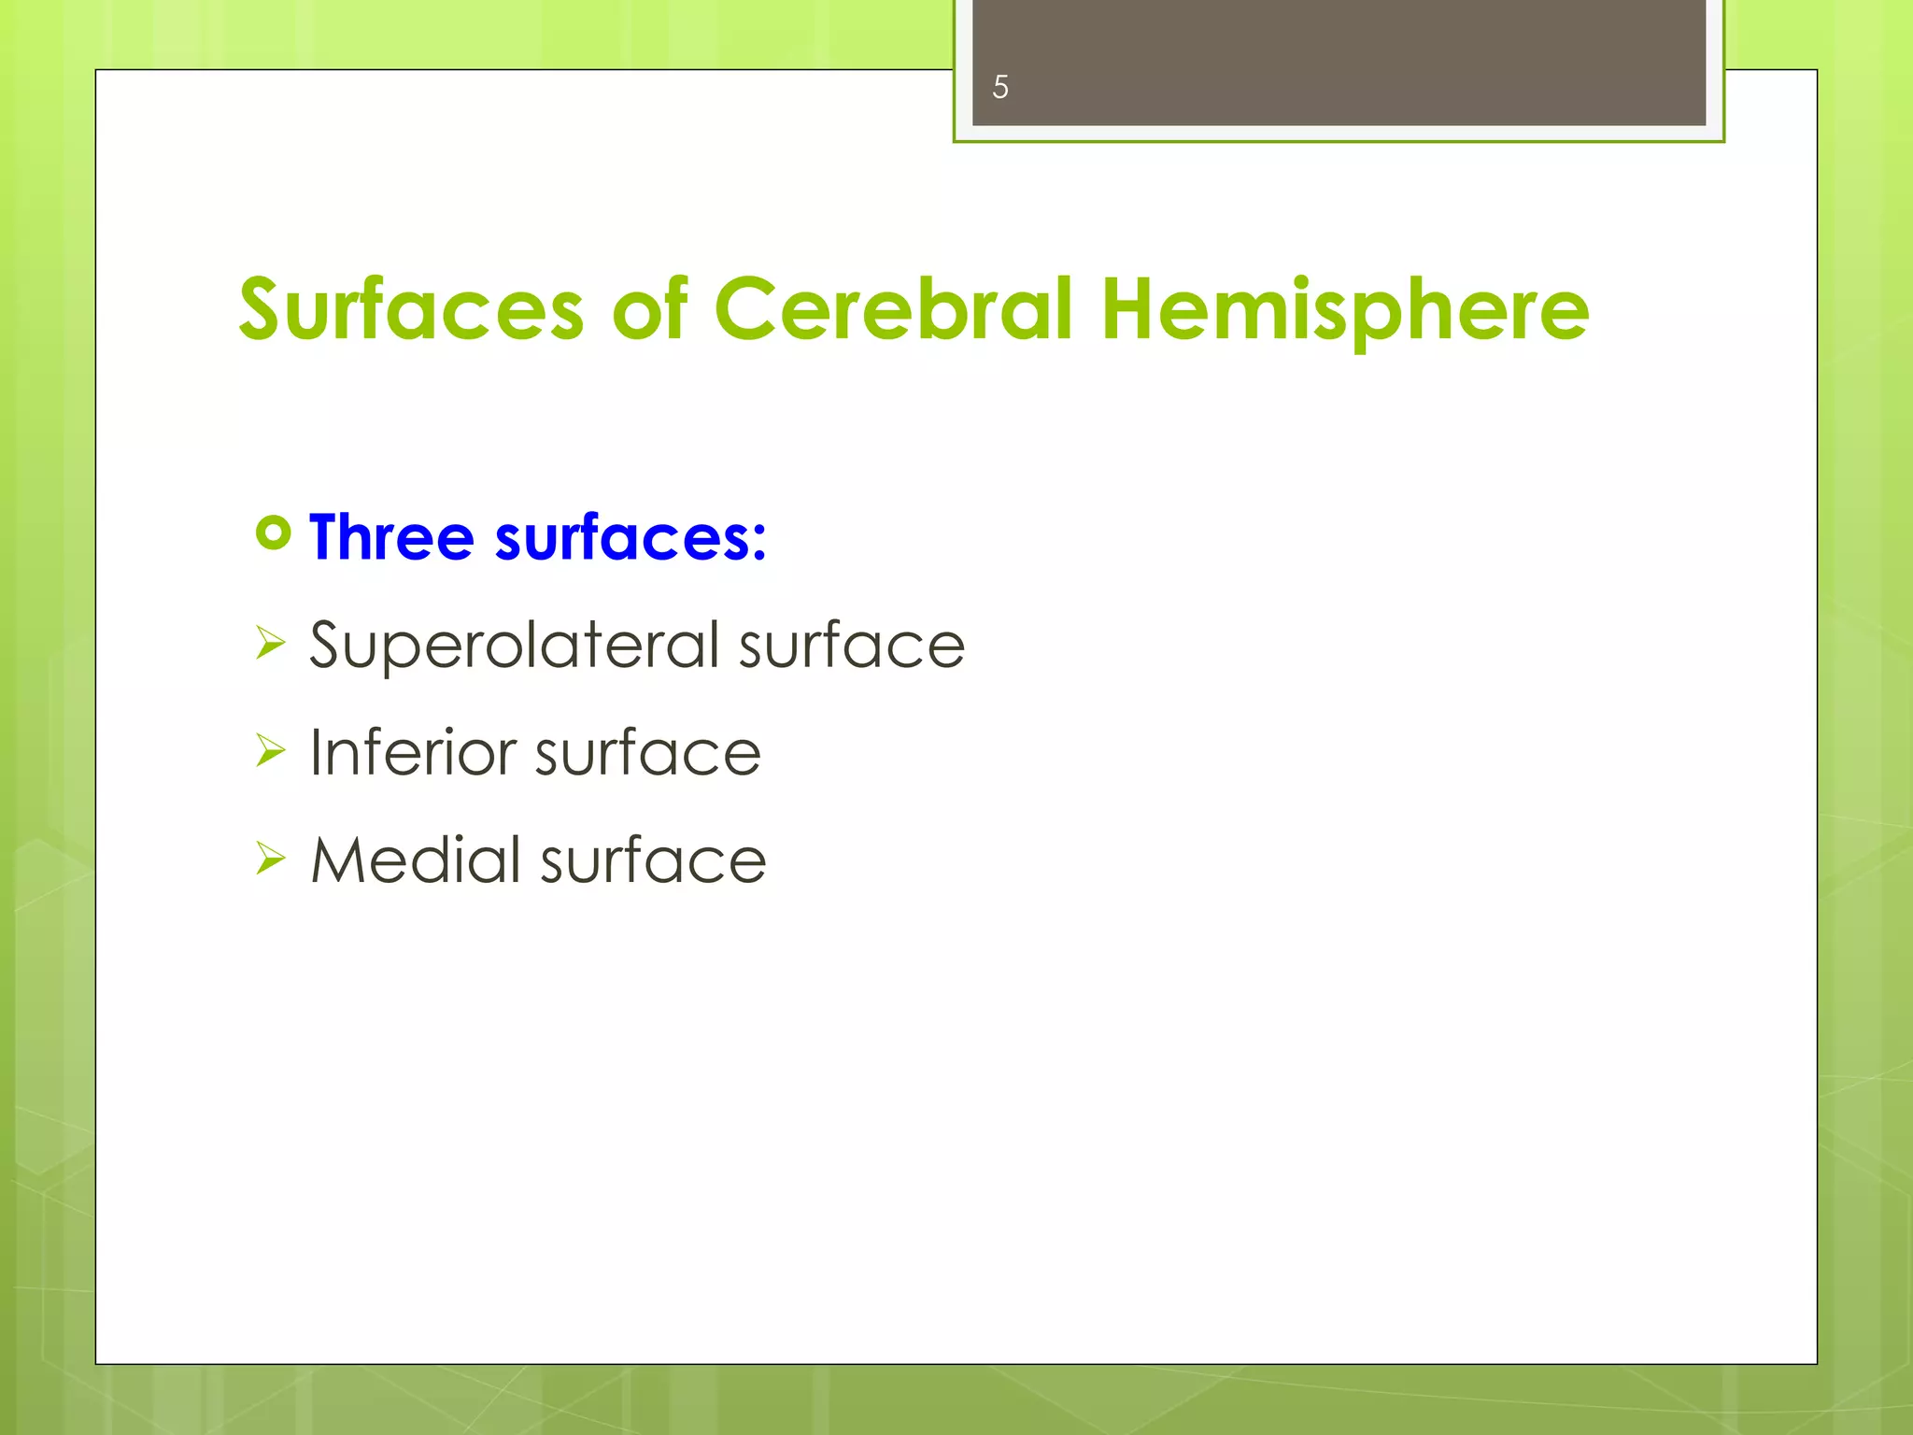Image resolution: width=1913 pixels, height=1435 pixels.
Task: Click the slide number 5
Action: pos(999,88)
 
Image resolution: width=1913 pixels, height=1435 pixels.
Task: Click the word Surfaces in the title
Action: pos(411,310)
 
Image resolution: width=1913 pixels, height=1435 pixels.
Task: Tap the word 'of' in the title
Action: pos(650,310)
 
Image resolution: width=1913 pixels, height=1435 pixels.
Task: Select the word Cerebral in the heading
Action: pos(893,310)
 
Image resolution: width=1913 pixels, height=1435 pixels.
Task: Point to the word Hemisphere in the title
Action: pos(1345,310)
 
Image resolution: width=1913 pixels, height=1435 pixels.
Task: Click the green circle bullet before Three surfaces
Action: pos(273,533)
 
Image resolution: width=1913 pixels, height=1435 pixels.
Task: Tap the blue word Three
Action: pos(392,538)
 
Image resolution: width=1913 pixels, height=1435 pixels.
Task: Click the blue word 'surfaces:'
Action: pos(631,538)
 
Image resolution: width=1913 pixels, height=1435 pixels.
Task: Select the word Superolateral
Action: pos(515,646)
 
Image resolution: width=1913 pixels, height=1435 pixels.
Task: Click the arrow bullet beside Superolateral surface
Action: pos(269,643)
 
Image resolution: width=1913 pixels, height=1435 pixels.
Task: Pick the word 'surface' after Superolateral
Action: pos(852,646)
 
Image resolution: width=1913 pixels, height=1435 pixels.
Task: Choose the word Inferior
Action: pos(412,753)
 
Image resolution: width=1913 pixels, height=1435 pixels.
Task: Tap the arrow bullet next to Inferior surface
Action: pos(269,750)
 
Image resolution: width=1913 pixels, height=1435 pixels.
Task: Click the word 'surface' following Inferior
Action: pos(648,753)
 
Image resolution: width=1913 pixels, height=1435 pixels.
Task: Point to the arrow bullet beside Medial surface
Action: pos(269,858)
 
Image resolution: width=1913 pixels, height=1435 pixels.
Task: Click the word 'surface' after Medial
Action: pos(654,860)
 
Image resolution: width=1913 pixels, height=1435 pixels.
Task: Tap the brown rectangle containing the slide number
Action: pos(1339,63)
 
